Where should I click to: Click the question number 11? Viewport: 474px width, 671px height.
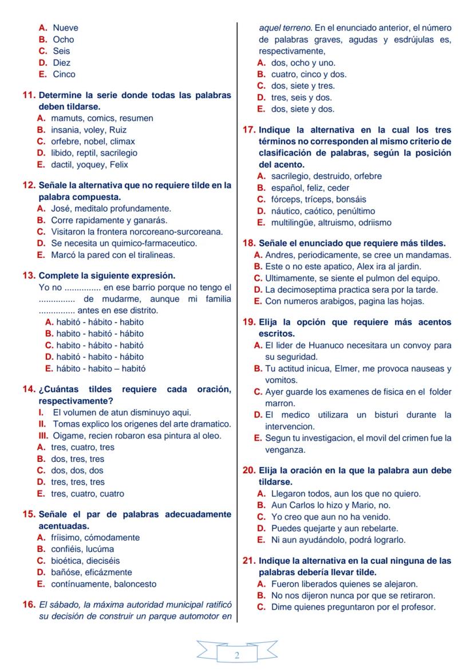29,95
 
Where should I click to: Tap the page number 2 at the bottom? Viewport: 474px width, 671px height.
237,656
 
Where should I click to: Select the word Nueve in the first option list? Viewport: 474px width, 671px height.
65,28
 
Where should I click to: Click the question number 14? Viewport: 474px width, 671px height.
29,390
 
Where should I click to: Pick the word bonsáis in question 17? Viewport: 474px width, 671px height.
351,199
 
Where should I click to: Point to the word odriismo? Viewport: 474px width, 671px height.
373,223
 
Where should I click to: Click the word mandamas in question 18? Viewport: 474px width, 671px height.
429,255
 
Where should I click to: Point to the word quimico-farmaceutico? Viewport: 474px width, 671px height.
151,244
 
